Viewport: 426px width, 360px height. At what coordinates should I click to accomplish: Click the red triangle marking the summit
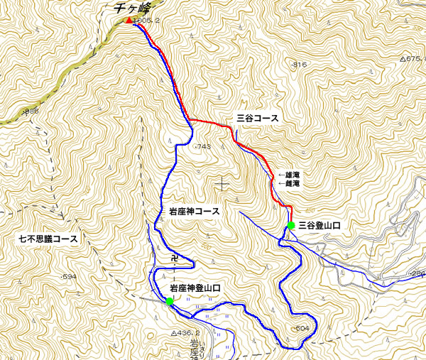(129, 20)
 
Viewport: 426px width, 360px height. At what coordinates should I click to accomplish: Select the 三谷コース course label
(258, 118)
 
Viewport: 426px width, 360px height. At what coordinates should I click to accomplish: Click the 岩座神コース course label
(195, 212)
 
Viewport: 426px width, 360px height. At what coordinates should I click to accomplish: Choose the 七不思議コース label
(48, 239)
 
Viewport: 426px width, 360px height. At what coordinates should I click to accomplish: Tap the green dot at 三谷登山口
(291, 225)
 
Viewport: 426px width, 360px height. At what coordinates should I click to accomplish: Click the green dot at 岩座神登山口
(169, 301)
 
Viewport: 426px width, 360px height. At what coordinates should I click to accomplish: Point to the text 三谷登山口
(319, 225)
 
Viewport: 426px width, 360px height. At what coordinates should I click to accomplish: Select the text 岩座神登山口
(195, 288)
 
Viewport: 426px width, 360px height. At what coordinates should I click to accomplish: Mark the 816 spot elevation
(299, 65)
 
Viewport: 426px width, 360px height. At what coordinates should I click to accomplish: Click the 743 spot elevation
(202, 146)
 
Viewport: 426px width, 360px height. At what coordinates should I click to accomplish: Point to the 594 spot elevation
(68, 276)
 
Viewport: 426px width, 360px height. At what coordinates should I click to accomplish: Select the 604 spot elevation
(301, 328)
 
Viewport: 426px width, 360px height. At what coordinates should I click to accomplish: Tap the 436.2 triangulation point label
(187, 332)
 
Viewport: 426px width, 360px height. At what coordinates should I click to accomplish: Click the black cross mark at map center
(224, 184)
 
